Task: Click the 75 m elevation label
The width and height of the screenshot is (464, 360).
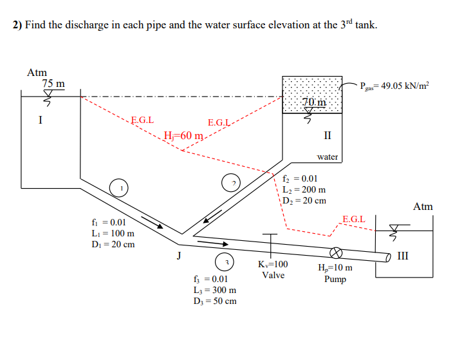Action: point(53,84)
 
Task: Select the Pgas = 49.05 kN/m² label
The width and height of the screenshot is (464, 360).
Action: point(394,86)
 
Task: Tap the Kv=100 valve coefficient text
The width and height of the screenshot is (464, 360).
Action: point(273,264)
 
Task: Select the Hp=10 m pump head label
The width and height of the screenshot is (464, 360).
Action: point(335,268)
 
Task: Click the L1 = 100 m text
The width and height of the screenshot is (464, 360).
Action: point(113,233)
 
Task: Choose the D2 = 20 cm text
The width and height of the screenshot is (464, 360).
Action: point(304,200)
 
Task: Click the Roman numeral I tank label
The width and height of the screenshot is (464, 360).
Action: point(40,119)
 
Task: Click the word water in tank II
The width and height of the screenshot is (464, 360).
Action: point(328,156)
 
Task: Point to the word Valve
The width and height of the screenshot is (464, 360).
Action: point(274,275)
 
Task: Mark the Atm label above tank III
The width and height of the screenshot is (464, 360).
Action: point(423,207)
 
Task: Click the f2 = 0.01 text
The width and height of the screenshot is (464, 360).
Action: point(300,179)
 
